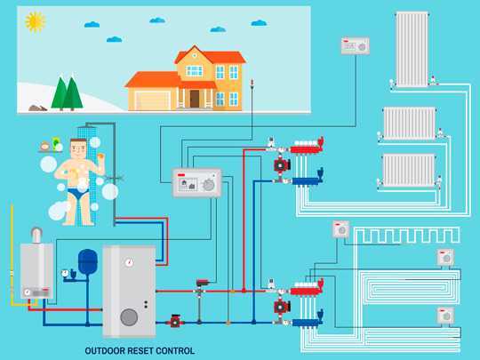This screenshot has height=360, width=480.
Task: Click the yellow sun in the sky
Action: click(x=36, y=21)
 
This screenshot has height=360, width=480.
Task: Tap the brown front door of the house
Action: click(x=195, y=99)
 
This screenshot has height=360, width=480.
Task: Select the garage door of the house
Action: click(x=152, y=100)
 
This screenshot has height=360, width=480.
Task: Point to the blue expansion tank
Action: click(x=88, y=261)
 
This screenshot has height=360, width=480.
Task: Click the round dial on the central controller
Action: click(x=209, y=185)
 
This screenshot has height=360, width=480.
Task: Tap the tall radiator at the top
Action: click(x=412, y=49)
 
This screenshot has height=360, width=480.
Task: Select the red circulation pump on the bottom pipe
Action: click(x=175, y=321)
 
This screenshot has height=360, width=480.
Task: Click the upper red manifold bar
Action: click(x=306, y=148)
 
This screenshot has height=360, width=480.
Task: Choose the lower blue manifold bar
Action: click(x=307, y=323)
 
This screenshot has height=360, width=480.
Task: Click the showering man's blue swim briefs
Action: click(x=77, y=193)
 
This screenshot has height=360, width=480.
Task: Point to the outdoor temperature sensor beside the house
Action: click(x=252, y=84)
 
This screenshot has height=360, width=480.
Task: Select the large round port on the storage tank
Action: click(x=129, y=317)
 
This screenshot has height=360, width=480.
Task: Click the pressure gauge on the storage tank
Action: click(x=129, y=262)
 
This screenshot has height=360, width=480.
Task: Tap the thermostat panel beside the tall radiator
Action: click(x=356, y=46)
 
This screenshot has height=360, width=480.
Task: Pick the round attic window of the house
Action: click(x=195, y=56)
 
